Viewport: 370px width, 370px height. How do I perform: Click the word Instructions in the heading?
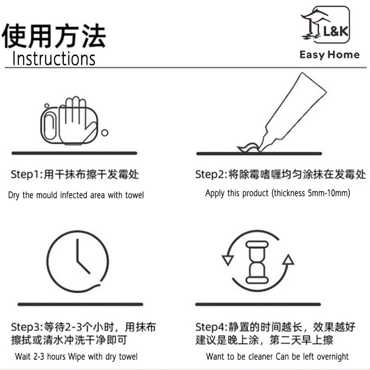pos(54,58)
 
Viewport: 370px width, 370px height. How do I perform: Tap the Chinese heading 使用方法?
pos(54,36)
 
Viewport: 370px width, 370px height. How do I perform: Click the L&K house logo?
pos(325,25)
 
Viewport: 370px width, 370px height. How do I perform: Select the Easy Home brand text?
pos(329,55)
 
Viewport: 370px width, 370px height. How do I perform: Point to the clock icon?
pos(78,261)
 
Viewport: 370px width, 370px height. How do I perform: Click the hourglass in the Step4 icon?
pos(257,262)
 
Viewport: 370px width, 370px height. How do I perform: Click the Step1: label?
pos(27,175)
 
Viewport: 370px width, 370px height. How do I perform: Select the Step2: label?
pos(211,175)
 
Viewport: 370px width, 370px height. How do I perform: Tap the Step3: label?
pos(27,327)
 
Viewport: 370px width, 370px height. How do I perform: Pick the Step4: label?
pos(211,327)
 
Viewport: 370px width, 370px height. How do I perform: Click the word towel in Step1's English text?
pos(135,195)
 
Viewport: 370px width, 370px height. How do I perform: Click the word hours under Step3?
pos(56,357)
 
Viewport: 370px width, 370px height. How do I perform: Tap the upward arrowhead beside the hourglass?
pos(288,259)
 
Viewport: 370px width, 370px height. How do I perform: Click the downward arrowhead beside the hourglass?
pos(228,260)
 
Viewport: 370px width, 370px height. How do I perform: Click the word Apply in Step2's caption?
pos(215,193)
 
